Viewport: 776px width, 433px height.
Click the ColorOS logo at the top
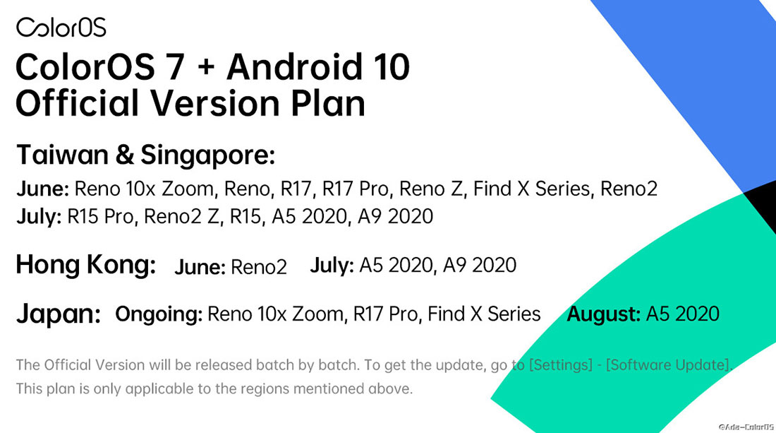(61, 28)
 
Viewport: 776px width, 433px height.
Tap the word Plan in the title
(327, 103)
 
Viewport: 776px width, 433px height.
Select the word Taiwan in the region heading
(62, 155)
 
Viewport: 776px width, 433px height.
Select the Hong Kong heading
(86, 265)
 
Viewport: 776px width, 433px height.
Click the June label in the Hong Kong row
(200, 267)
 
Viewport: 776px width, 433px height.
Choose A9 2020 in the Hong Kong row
(480, 265)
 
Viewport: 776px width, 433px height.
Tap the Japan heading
(59, 314)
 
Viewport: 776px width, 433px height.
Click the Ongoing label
(159, 314)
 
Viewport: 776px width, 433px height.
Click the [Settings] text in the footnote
(561, 365)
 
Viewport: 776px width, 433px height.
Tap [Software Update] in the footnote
(668, 365)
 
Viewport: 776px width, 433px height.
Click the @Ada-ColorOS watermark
(746, 427)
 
